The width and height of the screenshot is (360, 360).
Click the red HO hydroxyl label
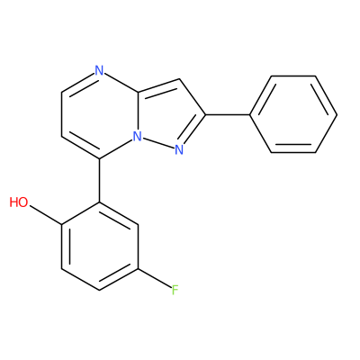[x=19, y=202]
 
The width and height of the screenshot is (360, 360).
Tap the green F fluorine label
[x=175, y=291]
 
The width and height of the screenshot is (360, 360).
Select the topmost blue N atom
[x=99, y=70]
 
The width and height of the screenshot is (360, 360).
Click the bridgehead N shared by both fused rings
[x=137, y=137]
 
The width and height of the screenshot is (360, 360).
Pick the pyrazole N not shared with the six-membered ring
[x=179, y=149]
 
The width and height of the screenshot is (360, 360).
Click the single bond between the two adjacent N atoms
[x=158, y=143]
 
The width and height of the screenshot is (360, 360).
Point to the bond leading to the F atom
[x=154, y=279]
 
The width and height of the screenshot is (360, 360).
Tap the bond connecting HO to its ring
[x=45, y=215]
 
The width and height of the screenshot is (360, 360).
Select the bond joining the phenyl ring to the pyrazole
[x=228, y=114]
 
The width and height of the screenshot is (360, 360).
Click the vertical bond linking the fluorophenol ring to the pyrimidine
[x=100, y=180]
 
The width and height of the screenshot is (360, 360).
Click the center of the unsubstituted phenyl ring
[x=293, y=114]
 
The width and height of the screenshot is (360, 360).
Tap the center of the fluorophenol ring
[x=100, y=246]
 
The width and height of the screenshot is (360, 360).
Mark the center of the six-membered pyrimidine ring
[x=100, y=114]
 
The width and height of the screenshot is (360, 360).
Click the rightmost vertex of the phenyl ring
[x=337, y=114]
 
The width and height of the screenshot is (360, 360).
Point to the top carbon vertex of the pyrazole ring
[x=179, y=79]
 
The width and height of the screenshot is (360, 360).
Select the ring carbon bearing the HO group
[x=61, y=224]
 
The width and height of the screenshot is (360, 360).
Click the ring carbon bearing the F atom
[x=138, y=268]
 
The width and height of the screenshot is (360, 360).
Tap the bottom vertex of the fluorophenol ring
[x=100, y=290]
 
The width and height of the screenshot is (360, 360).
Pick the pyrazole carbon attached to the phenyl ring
[x=205, y=114]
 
